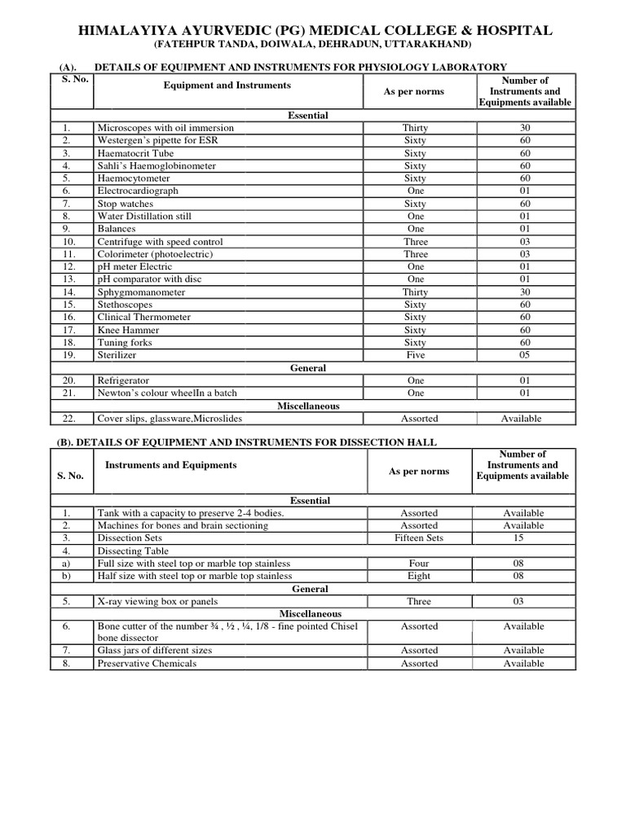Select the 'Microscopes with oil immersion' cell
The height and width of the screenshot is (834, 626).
[x=165, y=128]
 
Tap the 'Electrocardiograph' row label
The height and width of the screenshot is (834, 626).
[x=138, y=191]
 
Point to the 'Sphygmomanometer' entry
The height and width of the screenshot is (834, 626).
[x=141, y=292]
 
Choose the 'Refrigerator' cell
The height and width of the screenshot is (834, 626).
[x=125, y=380]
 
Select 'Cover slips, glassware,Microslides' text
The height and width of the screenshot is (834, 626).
[x=170, y=419]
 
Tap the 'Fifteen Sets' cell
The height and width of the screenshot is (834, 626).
[x=419, y=538]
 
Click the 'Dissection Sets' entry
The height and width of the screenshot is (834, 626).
[x=130, y=538]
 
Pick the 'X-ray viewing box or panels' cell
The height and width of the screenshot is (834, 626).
[x=157, y=602]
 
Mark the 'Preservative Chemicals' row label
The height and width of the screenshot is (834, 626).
[x=147, y=664]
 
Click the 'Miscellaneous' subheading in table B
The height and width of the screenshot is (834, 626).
[x=310, y=613]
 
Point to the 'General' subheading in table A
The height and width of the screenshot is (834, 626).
[x=308, y=368]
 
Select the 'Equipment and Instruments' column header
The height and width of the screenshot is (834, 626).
[x=227, y=85]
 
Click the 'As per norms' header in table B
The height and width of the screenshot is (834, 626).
[x=419, y=471]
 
